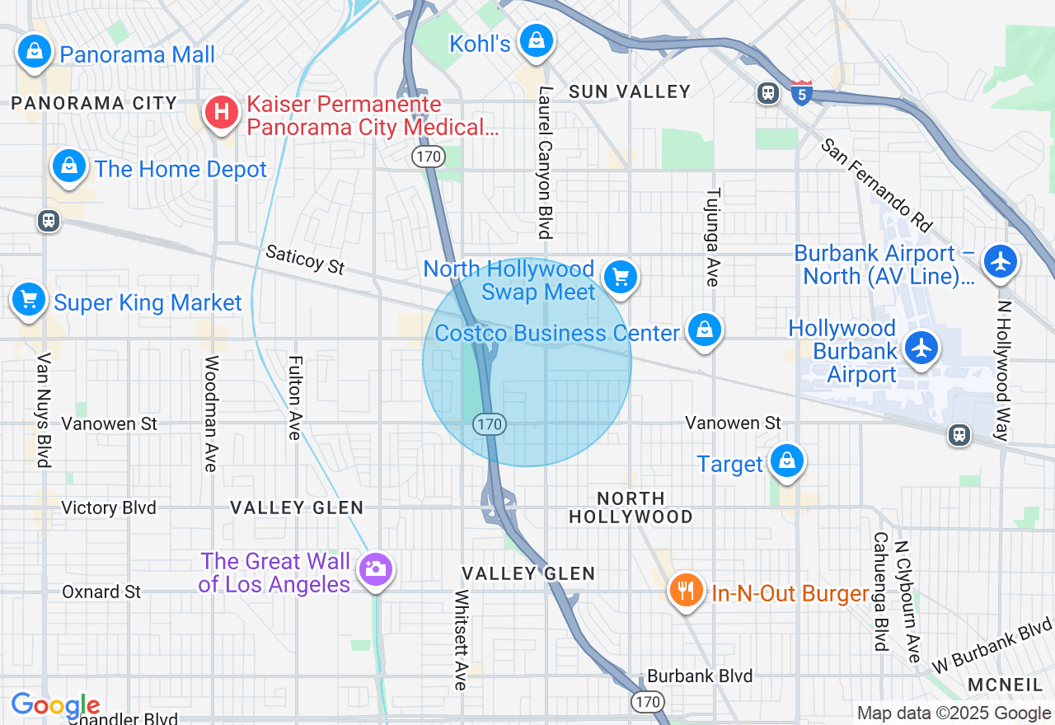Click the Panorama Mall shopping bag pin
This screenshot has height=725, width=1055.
[x=35, y=52]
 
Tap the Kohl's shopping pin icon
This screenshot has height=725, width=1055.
[x=536, y=40]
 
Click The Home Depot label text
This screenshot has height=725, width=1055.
[x=181, y=170]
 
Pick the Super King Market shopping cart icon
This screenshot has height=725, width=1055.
[x=30, y=299]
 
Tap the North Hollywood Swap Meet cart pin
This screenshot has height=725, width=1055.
[x=621, y=277]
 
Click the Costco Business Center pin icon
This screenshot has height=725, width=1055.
[x=703, y=330]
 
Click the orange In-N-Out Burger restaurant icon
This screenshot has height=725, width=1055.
[x=685, y=591]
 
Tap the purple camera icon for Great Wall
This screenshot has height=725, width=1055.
[x=375, y=568]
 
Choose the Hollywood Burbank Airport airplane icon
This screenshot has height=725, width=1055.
[x=921, y=347]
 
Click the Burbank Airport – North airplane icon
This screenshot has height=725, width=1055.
[x=1001, y=262]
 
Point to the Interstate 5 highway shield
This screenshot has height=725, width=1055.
[x=801, y=91]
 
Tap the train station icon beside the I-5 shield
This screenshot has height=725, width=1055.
[x=768, y=93]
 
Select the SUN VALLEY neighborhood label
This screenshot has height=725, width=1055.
[x=630, y=91]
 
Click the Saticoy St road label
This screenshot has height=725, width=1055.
[x=304, y=260]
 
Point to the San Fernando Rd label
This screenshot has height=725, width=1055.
[x=875, y=185]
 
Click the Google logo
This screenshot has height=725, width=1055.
[x=55, y=705]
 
